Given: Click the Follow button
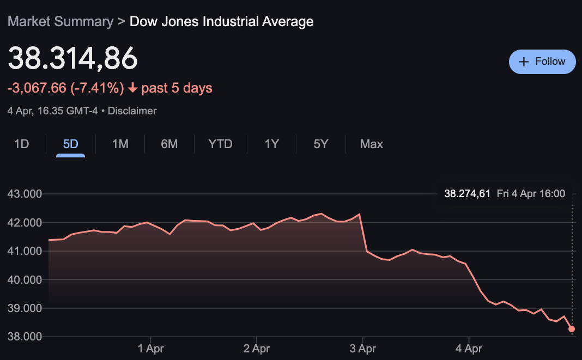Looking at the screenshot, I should [542, 62].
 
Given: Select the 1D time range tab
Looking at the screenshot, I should [21, 144].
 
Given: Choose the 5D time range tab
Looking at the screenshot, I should [70, 144].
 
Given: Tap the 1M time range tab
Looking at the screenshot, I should [120, 144].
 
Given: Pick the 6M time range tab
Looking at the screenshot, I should [169, 144].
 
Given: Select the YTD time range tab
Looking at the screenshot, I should [220, 144].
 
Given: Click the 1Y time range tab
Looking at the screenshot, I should [271, 144].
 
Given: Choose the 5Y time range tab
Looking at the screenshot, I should [320, 144].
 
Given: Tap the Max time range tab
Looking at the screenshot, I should [371, 144].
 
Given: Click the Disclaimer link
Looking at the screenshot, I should [132, 111].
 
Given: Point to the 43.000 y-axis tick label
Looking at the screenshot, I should [25, 194].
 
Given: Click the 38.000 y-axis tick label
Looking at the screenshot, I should [25, 337].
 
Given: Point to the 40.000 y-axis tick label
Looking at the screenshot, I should [25, 279].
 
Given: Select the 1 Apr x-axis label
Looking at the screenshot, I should [151, 349].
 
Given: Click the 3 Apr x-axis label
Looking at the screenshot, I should [363, 349].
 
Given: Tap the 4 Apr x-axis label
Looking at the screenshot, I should [469, 349].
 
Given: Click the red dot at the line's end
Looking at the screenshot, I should [572, 329].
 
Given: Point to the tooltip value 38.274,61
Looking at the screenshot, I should [467, 194].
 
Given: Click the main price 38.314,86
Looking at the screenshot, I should [72, 58].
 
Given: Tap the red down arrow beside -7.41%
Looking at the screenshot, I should [132, 88].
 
